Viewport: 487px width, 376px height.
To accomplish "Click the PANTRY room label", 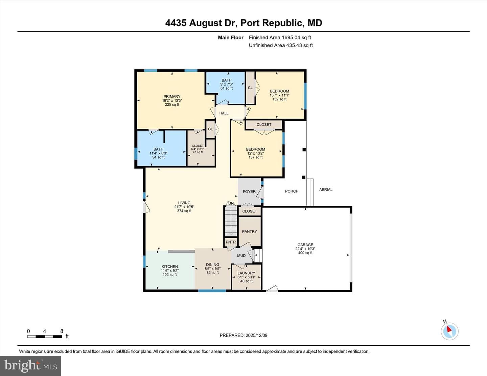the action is [250, 231].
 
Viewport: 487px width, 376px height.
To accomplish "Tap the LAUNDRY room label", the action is [246, 273].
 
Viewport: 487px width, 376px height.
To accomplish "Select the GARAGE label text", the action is [305, 245].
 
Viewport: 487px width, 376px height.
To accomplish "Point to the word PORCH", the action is [292, 191].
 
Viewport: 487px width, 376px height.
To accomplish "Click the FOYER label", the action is [249, 191].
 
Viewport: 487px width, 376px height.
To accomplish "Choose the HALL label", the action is [224, 113].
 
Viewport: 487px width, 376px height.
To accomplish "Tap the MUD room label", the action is [241, 256].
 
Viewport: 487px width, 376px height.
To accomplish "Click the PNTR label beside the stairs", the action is [231, 242].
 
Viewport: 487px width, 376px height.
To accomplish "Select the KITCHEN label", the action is [170, 267].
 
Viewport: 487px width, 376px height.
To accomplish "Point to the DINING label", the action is [212, 265].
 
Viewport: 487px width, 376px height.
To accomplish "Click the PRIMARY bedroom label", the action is [172, 97].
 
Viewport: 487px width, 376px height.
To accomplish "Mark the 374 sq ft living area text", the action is [184, 211].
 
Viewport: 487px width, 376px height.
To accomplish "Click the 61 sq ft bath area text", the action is [227, 88].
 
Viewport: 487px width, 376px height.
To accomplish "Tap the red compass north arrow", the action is [449, 329].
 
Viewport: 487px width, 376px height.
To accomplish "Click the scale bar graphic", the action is [45, 336].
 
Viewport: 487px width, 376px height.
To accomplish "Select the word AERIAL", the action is [326, 190].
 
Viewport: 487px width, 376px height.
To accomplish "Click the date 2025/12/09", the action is [256, 335].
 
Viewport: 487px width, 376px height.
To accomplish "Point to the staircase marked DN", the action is [231, 221].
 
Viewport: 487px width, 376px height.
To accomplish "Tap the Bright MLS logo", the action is [31, 366].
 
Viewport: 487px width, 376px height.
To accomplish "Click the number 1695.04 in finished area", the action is [291, 37].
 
